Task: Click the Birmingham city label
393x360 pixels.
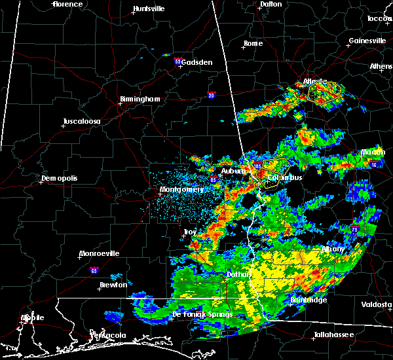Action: coord(140,99)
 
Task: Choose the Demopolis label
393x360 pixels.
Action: coord(59,179)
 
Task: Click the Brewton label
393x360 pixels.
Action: coord(115,285)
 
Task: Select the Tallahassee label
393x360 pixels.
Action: coord(333,334)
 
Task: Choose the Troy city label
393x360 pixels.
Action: coord(189,232)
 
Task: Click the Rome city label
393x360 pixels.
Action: coord(252,44)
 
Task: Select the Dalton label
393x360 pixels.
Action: coord(270,4)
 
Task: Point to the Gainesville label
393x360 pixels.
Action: coord(367,41)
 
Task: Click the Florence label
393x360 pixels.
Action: coord(68,4)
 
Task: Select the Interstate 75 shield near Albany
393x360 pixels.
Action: coord(354,230)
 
